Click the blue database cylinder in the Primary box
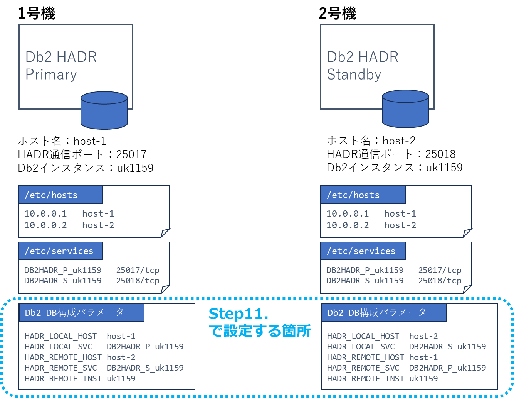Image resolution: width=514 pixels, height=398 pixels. [x=104, y=111]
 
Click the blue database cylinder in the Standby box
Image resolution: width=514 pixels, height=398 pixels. [x=405, y=109]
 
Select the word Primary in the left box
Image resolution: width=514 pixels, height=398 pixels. [x=51, y=75]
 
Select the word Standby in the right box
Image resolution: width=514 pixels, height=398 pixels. [x=354, y=75]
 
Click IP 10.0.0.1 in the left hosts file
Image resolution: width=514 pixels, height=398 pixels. [x=45, y=213]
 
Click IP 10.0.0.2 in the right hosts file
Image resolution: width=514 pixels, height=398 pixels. [x=348, y=225]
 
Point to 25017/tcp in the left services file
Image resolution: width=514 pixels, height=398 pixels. [x=138, y=270]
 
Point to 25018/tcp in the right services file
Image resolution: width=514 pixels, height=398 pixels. [x=440, y=281]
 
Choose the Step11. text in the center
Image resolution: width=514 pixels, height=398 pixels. [x=238, y=314]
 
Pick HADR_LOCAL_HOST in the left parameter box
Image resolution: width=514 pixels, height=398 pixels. [x=60, y=336]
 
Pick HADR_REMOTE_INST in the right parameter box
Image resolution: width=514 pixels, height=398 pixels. [x=365, y=379]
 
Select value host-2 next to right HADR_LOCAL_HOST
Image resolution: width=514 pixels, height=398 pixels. [x=423, y=336]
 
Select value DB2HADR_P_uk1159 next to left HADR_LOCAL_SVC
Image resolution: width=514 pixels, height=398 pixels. [x=145, y=347]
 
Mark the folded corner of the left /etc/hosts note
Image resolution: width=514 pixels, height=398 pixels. [x=165, y=232]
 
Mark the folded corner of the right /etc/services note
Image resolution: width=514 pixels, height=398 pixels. [x=467, y=289]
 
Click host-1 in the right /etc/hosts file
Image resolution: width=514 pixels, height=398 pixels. [x=400, y=213]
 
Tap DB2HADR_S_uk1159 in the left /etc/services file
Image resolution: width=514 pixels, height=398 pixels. [x=63, y=281]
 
